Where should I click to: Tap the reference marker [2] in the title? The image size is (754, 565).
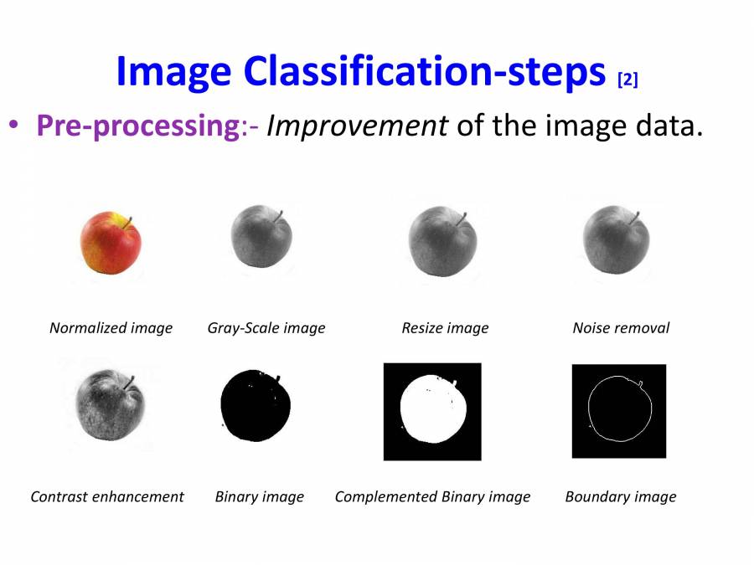pyautogui.click(x=627, y=80)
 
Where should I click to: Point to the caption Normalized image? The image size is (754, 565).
pyautogui.click(x=111, y=328)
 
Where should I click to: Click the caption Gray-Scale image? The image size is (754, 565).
pyautogui.click(x=266, y=328)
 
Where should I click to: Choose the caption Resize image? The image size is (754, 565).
pyautogui.click(x=445, y=328)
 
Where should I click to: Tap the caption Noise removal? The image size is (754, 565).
pyautogui.click(x=621, y=328)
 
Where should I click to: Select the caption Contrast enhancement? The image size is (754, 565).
pyautogui.click(x=107, y=496)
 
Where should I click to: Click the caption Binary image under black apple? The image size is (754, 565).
pyautogui.click(x=260, y=497)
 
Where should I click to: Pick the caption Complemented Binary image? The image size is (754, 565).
pyautogui.click(x=432, y=497)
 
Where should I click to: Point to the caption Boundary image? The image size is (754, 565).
pyautogui.click(x=621, y=497)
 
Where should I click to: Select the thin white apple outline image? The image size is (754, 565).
pyautogui.click(x=618, y=411)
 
